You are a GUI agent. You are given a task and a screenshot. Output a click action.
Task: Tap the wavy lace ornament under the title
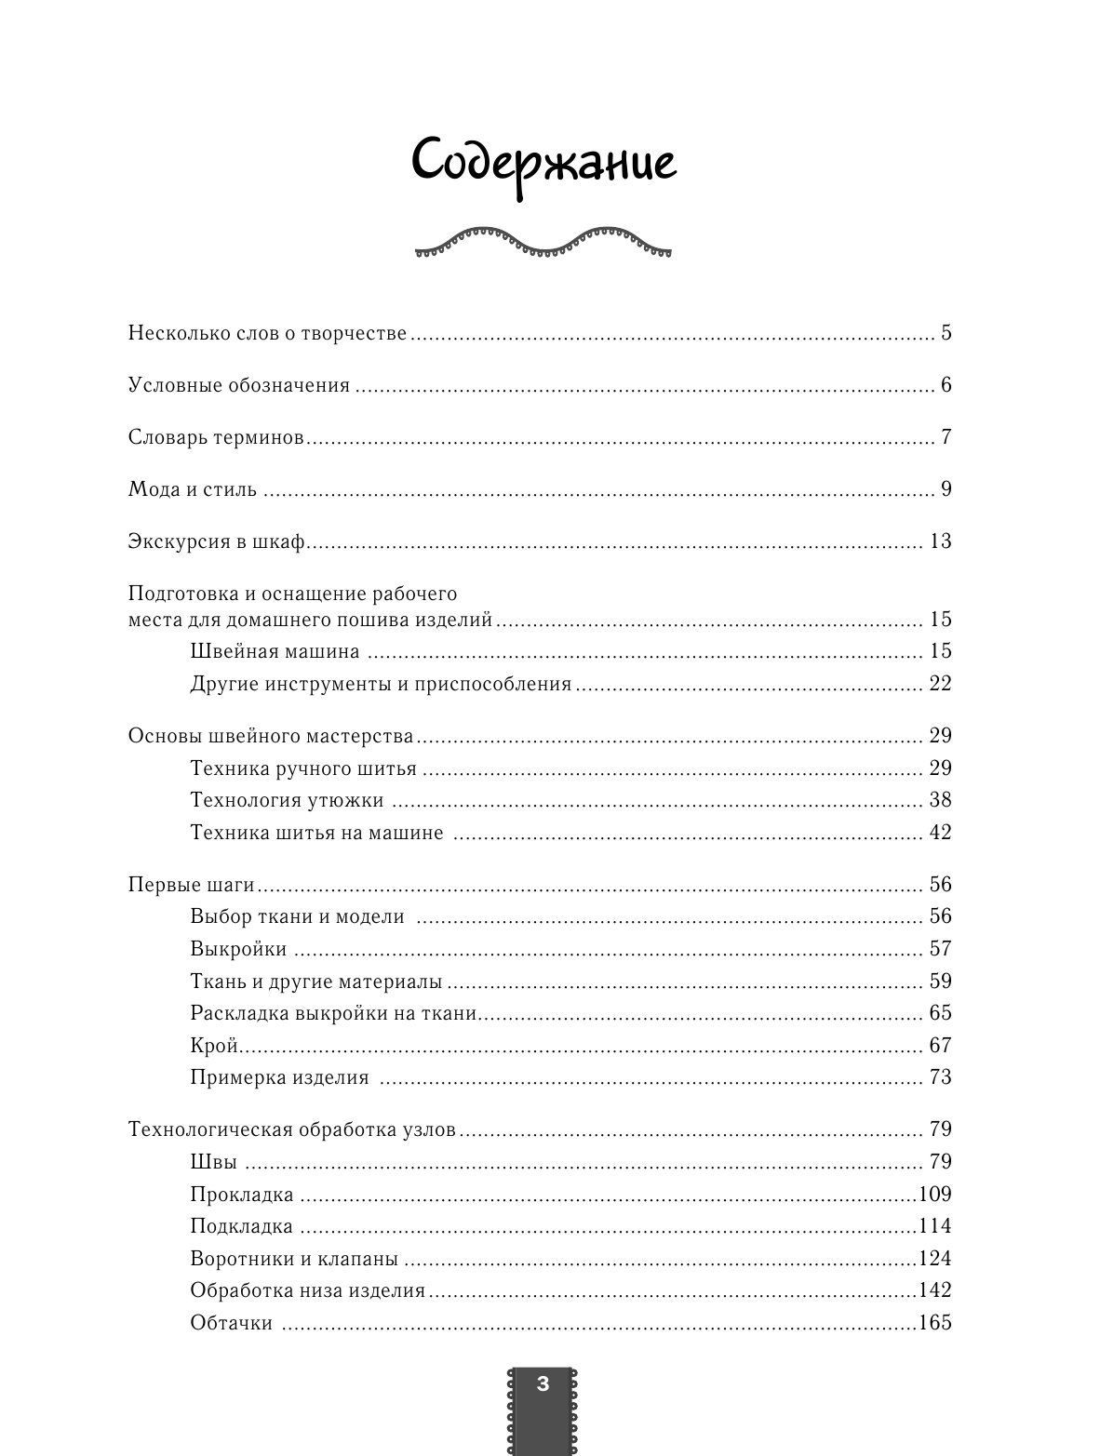pyautogui.click(x=543, y=242)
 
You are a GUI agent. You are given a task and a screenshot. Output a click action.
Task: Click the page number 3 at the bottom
pyautogui.click(x=543, y=1383)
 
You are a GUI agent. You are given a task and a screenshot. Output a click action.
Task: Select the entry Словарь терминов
pyautogui.click(x=216, y=437)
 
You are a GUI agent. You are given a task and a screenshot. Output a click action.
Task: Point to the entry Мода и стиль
pyautogui.click(x=193, y=489)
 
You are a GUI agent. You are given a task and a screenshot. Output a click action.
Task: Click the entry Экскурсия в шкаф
pyautogui.click(x=217, y=541)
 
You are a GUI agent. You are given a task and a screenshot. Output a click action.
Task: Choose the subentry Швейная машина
pyautogui.click(x=275, y=651)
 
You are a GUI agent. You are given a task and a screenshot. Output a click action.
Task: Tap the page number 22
pyautogui.click(x=940, y=684)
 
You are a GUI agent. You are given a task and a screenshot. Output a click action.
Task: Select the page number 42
pyautogui.click(x=940, y=833)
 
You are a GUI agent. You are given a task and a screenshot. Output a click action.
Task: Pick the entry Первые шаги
pyautogui.click(x=191, y=885)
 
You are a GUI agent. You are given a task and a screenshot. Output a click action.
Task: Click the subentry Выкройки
pyautogui.click(x=238, y=949)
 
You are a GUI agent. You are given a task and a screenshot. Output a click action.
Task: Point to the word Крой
pyautogui.click(x=215, y=1046)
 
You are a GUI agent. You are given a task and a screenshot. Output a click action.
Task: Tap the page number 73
pyautogui.click(x=940, y=1077)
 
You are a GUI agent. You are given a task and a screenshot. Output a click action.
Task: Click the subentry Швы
pyautogui.click(x=213, y=1162)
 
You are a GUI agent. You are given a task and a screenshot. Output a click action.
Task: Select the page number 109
pyautogui.click(x=935, y=1194)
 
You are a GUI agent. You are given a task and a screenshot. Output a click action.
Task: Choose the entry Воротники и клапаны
pyautogui.click(x=294, y=1259)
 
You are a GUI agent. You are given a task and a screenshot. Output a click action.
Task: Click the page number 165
pyautogui.click(x=935, y=1322)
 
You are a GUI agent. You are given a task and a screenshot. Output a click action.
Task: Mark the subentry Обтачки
pyautogui.click(x=231, y=1323)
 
